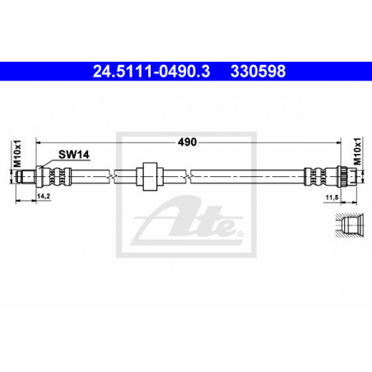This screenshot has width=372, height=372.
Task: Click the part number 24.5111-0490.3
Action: point(151,72)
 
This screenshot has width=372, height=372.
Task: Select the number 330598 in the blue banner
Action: point(258,72)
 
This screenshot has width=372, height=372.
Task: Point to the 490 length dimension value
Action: point(188,142)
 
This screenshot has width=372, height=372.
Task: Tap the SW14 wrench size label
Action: point(74,155)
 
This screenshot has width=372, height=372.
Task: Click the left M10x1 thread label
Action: point(17,154)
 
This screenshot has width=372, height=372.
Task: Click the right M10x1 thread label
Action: point(357,151)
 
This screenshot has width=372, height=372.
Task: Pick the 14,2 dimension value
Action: point(44,196)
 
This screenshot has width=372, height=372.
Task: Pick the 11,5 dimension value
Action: point(332,198)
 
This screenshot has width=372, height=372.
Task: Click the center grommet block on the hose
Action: point(150,176)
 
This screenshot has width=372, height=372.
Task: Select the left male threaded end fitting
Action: point(26,176)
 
